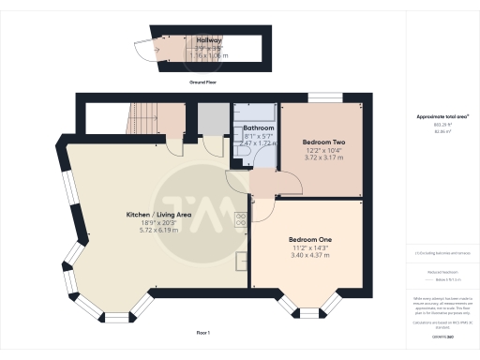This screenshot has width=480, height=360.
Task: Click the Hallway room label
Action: point(209,41)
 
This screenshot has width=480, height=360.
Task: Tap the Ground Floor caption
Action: point(203,82)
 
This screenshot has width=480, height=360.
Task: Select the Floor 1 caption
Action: point(202,333)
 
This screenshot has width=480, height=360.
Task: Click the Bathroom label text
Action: point(259,127)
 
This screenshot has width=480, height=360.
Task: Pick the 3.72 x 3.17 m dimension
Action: point(321,158)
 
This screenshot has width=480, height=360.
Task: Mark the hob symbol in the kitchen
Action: point(241,220)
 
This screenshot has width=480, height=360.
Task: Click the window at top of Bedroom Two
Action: point(327,97)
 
